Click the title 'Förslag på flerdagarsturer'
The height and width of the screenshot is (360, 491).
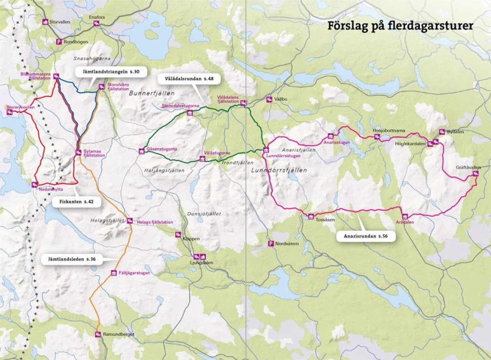[400, 26]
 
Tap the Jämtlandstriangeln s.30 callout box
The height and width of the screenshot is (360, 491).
[108, 72]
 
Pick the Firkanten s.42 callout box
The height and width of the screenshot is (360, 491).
[76, 202]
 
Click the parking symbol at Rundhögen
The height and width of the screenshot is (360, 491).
[58, 42]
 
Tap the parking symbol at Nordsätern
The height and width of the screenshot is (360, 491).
[270, 244]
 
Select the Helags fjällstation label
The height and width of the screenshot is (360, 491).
[155, 222]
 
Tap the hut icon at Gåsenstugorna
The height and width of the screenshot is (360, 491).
[141, 151]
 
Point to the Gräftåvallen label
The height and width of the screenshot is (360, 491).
[468, 167]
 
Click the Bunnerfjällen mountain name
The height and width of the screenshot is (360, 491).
[151, 93]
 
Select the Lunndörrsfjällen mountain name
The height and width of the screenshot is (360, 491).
[279, 170]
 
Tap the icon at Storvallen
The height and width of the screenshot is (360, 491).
[45, 22]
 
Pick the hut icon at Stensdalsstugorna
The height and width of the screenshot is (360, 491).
[190, 113]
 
